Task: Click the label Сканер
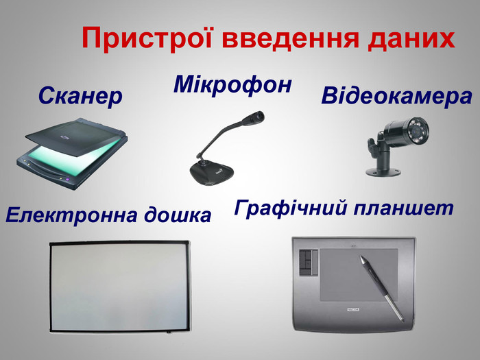[80, 97]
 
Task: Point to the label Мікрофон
[233, 85]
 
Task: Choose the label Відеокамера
[396, 97]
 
